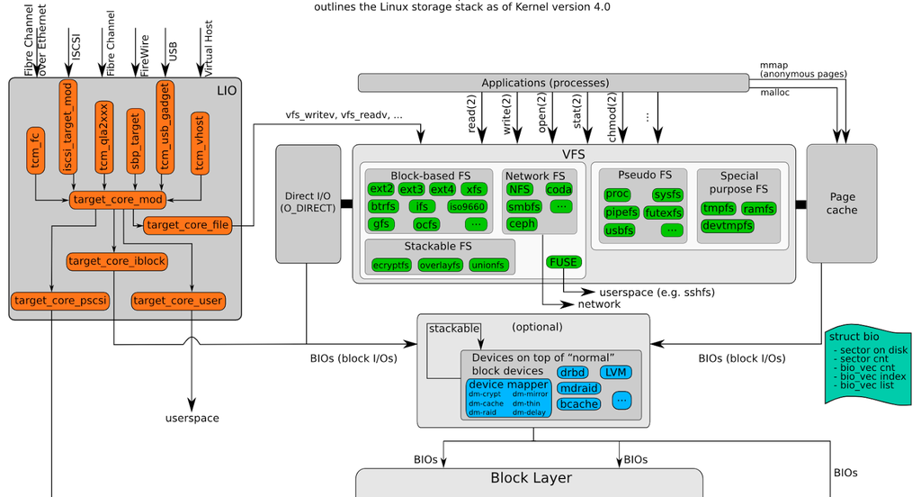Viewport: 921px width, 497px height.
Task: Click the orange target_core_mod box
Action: [118, 200]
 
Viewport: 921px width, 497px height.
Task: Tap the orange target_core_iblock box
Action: [117, 261]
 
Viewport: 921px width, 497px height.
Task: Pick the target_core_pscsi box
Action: [61, 300]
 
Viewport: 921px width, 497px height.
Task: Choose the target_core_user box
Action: [177, 300]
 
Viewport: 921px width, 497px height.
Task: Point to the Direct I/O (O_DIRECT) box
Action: [307, 203]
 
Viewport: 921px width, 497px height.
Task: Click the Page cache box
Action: [842, 203]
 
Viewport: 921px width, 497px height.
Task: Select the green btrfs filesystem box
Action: [382, 206]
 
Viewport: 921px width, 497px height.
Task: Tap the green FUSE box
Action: [563, 263]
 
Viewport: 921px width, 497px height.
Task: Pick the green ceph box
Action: [522, 224]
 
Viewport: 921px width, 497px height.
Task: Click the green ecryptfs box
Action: [391, 265]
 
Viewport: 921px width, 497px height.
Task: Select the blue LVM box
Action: [615, 372]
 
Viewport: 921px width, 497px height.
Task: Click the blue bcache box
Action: [578, 404]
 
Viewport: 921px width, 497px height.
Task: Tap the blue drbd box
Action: [572, 372]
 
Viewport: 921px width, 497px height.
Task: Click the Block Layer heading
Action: [530, 478]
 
